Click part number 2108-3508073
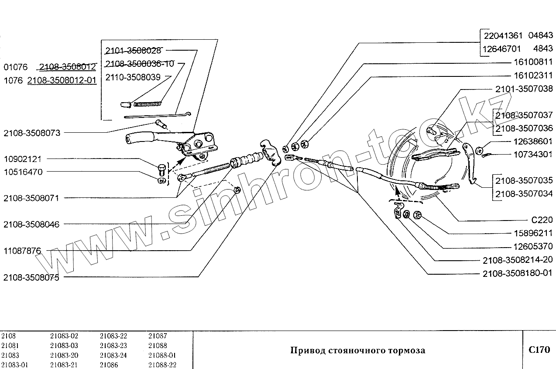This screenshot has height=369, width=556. point(31,132)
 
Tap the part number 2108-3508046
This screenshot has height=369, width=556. point(31,224)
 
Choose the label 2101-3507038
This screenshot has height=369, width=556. point(524,89)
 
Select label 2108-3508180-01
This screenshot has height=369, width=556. point(518,273)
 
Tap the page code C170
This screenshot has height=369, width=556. point(539,350)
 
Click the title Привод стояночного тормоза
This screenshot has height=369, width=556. point(357,350)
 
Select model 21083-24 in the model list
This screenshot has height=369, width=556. point(113,355)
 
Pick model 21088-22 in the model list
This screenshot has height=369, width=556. point(162,365)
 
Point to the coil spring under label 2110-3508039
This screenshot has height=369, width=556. point(147,103)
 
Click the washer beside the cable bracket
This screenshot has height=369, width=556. point(406,214)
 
